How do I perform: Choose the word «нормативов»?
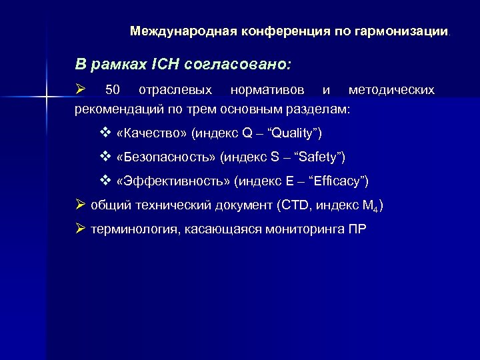pyautogui.click(x=267, y=89)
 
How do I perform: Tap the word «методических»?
pyautogui.click(x=392, y=89)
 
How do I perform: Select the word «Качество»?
pyautogui.click(x=151, y=133)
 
